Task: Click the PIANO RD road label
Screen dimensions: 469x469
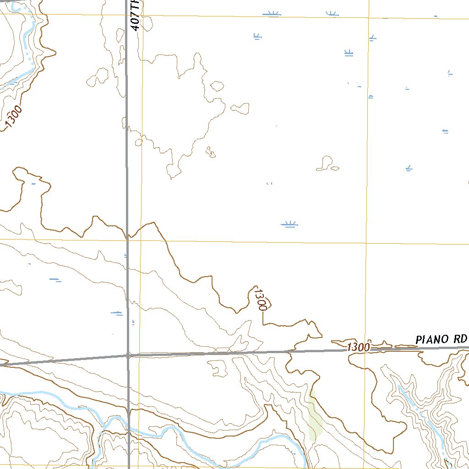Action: (441, 339)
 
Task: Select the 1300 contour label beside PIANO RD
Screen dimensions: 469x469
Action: (358, 347)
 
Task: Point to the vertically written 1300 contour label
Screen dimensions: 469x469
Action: (260, 300)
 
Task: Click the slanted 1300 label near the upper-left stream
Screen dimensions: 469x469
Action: (13, 118)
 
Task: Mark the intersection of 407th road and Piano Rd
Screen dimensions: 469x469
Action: (128, 355)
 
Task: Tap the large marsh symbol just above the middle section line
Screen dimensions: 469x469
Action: (289, 224)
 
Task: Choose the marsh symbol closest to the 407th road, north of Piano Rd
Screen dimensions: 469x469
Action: (117, 313)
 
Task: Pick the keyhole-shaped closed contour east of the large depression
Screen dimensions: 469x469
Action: (326, 163)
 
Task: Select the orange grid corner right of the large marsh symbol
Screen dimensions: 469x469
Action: (366, 243)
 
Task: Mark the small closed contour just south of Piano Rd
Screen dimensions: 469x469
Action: (218, 366)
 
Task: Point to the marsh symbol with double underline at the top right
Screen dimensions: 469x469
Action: (349, 53)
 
